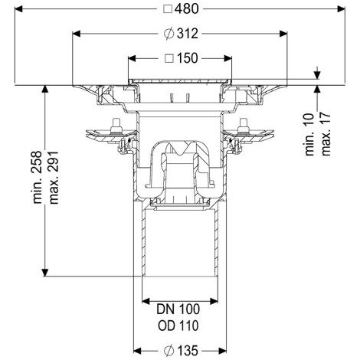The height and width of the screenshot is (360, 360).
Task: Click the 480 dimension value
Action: click(187, 9)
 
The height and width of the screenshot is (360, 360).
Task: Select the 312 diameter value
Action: click(188, 34)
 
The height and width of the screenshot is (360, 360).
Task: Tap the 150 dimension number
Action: click(187, 58)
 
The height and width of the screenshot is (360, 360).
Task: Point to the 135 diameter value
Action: click(188, 351)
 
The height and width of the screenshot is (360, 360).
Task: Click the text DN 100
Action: click(178, 309)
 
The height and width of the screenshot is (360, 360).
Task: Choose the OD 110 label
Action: click(178, 326)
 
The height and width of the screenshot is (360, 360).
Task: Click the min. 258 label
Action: click(38, 177)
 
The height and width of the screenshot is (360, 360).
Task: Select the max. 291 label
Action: click(54, 178)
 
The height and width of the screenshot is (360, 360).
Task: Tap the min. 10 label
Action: click(309, 135)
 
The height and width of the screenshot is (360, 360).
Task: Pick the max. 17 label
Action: click(326, 133)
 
